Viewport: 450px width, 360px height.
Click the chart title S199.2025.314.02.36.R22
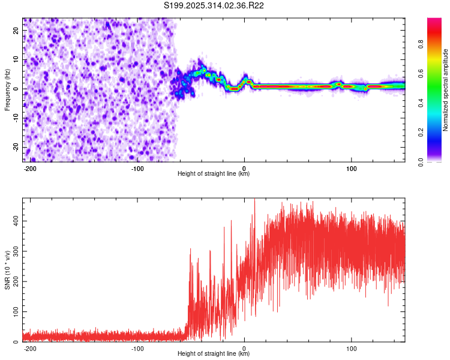pos(214,6)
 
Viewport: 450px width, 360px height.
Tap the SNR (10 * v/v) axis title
pos(7,269)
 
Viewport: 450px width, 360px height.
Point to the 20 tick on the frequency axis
pos(16,30)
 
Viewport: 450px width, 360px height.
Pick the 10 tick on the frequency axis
pos(16,59)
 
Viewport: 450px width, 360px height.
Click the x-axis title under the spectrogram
pos(214,174)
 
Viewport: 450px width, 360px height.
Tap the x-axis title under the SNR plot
pos(214,354)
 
